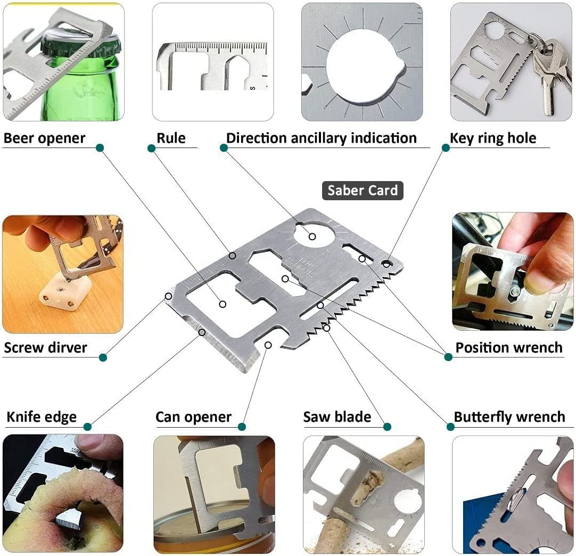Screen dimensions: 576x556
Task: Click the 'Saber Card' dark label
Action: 363,190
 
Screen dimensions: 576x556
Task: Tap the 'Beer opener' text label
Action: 44,138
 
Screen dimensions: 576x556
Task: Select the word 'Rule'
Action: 171,138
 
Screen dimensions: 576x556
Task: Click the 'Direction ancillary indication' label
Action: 322,138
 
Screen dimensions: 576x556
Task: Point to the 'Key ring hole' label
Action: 493,138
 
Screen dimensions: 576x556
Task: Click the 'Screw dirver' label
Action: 46,347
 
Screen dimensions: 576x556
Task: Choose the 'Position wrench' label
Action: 509,347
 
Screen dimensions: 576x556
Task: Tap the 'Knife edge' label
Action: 42,417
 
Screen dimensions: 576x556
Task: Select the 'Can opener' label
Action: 194,417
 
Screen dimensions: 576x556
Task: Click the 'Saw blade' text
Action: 337,417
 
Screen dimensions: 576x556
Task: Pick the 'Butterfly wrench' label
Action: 509,417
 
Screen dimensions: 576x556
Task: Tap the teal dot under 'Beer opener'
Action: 100,148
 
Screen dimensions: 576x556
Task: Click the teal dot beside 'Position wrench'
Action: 448,357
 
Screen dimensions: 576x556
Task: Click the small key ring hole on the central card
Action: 386,264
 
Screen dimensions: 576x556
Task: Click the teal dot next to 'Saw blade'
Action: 387,427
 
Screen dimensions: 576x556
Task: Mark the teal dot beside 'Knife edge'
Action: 87,427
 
